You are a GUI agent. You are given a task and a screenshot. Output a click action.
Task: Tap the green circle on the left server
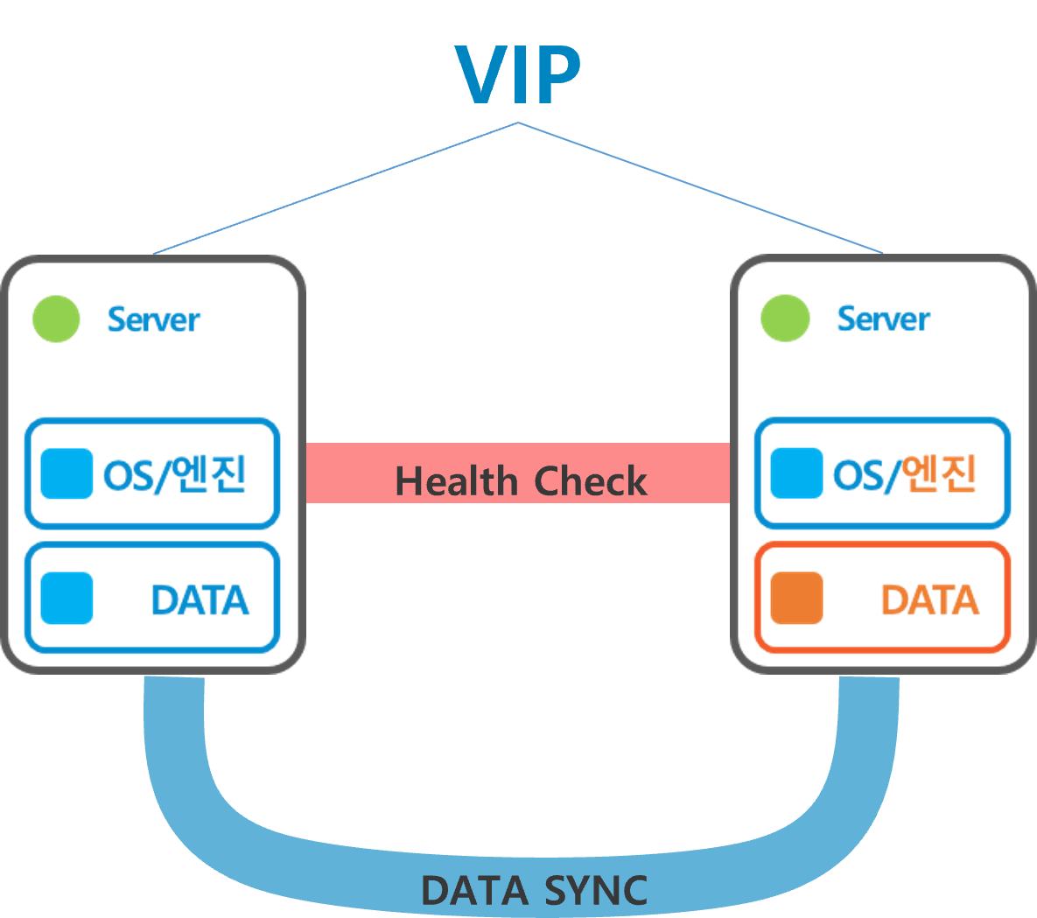coord(56,319)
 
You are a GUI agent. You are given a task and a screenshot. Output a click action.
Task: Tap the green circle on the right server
coord(785,319)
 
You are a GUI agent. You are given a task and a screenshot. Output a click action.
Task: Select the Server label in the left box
coord(153,319)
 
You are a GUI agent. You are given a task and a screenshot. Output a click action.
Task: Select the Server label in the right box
coord(883,319)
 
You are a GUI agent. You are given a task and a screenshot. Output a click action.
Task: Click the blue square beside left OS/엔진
coord(67,473)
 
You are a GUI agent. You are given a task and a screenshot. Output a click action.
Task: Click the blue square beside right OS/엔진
coord(796,473)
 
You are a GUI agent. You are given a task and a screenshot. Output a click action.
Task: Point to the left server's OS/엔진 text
coord(174,474)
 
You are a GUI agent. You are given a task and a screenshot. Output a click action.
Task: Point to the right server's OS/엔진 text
coord(904,474)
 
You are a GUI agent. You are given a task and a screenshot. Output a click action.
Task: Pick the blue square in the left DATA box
coord(67,599)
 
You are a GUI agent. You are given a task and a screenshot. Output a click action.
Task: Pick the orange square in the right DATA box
coord(796,599)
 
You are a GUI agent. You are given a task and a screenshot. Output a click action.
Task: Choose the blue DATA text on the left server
coord(200,600)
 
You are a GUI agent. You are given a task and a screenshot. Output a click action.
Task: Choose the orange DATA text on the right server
coord(929,600)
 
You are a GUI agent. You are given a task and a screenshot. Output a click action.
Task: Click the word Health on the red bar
coord(456,481)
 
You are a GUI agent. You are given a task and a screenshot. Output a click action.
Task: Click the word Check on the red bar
coord(591,481)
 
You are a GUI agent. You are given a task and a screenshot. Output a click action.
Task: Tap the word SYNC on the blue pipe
coord(596,891)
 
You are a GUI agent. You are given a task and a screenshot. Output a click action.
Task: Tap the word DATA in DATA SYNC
coord(474,891)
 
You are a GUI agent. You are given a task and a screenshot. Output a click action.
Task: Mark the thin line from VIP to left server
coord(336,188)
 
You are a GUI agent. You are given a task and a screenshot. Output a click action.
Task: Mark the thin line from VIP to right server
coord(700,188)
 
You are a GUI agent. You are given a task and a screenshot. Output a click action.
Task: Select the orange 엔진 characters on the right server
coord(940,474)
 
